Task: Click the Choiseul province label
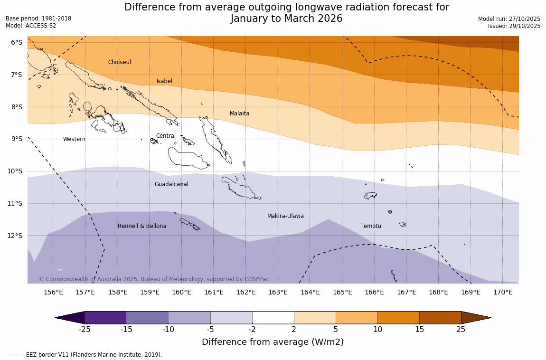(x=119, y=62)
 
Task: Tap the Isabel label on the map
(x=164, y=81)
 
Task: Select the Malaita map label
(x=239, y=114)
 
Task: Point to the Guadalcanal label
(x=171, y=184)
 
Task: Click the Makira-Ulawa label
(x=285, y=216)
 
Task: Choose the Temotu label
(x=370, y=226)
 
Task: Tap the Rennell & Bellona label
(x=142, y=226)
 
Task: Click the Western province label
(x=74, y=139)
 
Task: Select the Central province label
(x=166, y=136)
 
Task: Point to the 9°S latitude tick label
(x=17, y=139)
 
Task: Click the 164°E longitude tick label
(x=310, y=292)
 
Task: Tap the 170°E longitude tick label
(x=503, y=292)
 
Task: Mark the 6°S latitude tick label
(x=17, y=42)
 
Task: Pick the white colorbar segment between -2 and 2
(x=273, y=318)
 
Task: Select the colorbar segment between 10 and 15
(x=398, y=318)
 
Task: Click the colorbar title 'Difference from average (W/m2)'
(x=273, y=342)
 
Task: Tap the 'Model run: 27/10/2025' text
(x=509, y=19)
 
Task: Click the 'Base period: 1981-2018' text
(x=38, y=19)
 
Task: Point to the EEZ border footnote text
(x=84, y=355)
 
